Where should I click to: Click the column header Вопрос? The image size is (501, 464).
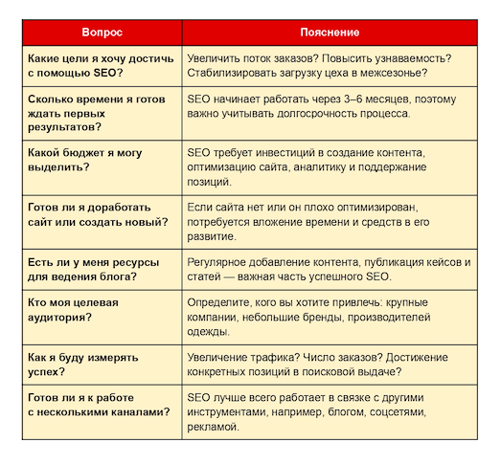click(102, 31)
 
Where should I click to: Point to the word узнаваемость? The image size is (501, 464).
click(414, 57)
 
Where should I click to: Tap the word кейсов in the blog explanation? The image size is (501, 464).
click(435, 262)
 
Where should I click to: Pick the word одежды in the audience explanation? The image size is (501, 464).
click(209, 332)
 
